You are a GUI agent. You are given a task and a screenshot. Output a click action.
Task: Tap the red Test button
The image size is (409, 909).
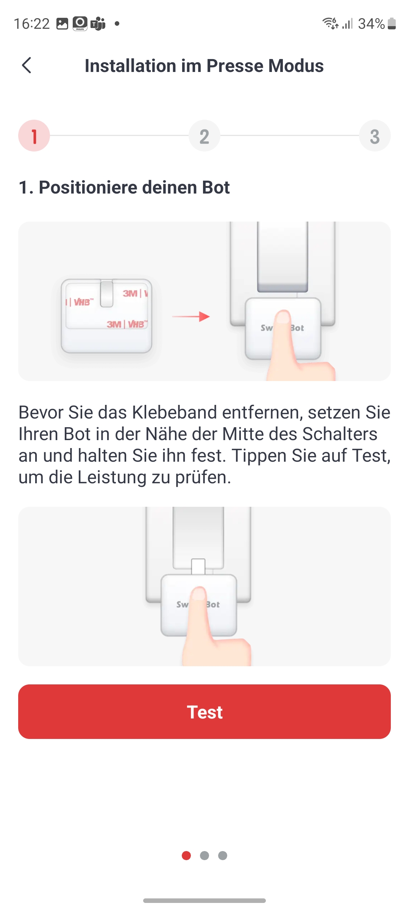[x=204, y=712]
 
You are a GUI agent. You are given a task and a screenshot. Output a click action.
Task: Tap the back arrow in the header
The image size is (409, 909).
[x=27, y=66]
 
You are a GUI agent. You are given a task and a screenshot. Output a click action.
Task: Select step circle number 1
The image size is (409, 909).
[x=34, y=136]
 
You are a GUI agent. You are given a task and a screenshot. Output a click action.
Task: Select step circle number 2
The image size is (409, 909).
[x=204, y=136]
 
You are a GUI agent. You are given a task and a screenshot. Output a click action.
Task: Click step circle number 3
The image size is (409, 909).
[x=375, y=136]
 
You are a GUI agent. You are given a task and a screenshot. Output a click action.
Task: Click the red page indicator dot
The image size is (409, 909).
[x=186, y=856]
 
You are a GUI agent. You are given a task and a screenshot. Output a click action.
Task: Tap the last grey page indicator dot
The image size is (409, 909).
[x=223, y=856]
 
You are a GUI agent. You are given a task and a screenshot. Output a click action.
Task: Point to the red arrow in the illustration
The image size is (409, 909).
[x=191, y=317]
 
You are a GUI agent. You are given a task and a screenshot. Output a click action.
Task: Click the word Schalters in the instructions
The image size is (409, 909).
[x=340, y=434]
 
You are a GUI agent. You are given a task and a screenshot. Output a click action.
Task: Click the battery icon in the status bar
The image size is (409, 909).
[x=392, y=23]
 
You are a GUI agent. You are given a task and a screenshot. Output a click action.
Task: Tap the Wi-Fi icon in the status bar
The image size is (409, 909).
[x=330, y=23]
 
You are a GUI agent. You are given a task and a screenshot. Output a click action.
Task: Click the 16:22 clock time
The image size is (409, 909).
[x=32, y=24]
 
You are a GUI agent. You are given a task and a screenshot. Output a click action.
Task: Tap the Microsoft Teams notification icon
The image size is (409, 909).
[x=98, y=24]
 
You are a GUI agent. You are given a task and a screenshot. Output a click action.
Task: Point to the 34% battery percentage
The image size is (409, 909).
[x=372, y=24]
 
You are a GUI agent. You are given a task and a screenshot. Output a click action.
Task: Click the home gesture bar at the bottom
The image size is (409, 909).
[x=204, y=901]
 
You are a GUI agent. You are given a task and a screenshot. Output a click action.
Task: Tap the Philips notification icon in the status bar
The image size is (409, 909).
[x=80, y=23]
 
